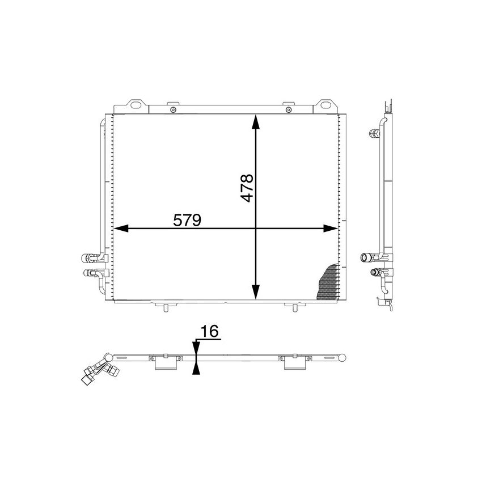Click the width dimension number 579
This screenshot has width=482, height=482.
pos(187,220)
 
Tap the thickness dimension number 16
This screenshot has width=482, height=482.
pos(210,332)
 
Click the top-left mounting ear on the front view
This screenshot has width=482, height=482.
pos(136,104)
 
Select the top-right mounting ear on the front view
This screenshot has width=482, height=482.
pos(325,104)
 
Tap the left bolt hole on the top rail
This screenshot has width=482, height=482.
pos(174,109)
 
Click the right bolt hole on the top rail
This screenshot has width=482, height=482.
pos(289,109)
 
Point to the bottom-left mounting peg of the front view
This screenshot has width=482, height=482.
pos(165,307)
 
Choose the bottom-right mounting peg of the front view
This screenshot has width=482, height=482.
pos(294,307)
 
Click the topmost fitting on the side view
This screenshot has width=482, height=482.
pos(374,134)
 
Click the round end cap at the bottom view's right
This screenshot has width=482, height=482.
pos(343,357)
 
